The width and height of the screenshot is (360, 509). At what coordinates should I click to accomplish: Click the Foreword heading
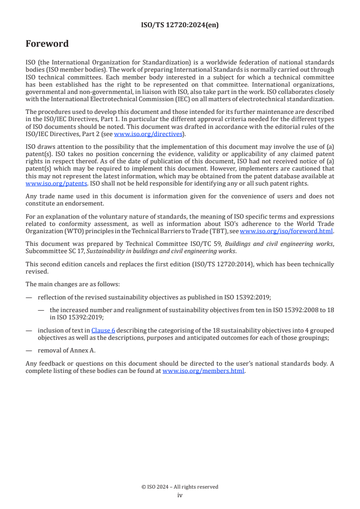[x=47, y=44]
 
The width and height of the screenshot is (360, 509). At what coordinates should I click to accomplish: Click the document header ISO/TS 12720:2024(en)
[x=180, y=25]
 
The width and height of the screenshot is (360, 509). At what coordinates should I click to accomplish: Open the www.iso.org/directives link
[x=148, y=134]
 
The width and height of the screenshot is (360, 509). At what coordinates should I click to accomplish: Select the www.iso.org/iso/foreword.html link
[x=286, y=231]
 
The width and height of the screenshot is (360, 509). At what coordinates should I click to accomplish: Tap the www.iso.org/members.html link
[x=203, y=371]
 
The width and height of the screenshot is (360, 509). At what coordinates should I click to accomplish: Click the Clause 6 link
[x=103, y=331]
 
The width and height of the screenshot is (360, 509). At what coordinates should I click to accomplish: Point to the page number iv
[x=180, y=495]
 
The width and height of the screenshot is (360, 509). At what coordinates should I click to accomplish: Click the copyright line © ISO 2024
[x=180, y=487]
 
